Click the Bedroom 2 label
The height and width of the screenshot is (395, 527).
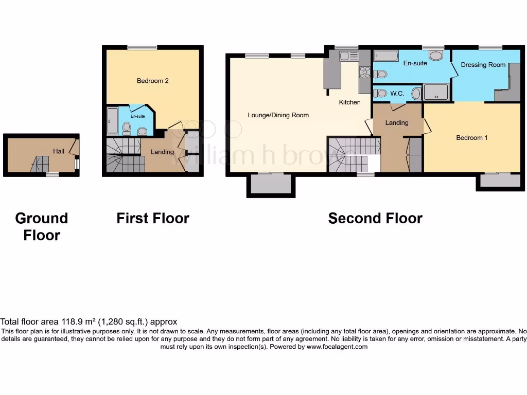152,81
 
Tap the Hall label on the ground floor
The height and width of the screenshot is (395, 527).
58,151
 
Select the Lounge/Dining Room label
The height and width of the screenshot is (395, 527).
278,115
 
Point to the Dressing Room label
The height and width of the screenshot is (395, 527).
483,65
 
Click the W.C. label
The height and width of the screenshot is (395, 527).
396,94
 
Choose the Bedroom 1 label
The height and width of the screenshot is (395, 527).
469,137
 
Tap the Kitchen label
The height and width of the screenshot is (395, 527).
349,102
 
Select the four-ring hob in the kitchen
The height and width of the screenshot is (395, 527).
364,73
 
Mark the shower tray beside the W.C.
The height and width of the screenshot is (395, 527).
436,93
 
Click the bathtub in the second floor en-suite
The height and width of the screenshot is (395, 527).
385,56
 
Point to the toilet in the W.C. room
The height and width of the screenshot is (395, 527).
380,93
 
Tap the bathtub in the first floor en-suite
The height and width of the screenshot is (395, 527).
112,121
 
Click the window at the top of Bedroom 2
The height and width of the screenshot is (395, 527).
143,47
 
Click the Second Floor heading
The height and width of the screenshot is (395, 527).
375,218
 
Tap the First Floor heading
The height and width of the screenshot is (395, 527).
153,218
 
